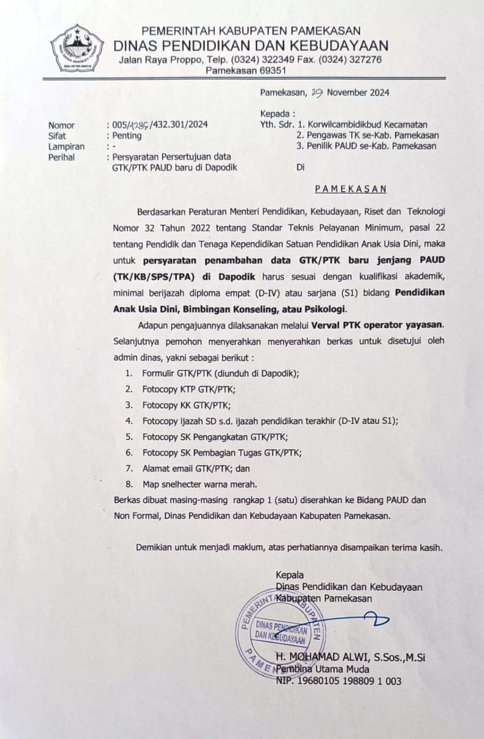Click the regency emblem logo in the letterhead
[77, 49]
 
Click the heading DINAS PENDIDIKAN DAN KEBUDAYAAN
[251, 46]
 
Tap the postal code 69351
[272, 71]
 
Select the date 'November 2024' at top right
[358, 93]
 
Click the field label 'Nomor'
[61, 125]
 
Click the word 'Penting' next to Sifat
[127, 135]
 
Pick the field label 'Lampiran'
[66, 146]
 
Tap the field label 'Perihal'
[61, 157]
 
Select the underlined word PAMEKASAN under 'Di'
[351, 189]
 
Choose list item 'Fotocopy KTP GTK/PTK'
[189, 389]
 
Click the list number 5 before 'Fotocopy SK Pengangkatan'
[129, 437]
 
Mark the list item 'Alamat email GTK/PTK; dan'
[196, 468]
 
